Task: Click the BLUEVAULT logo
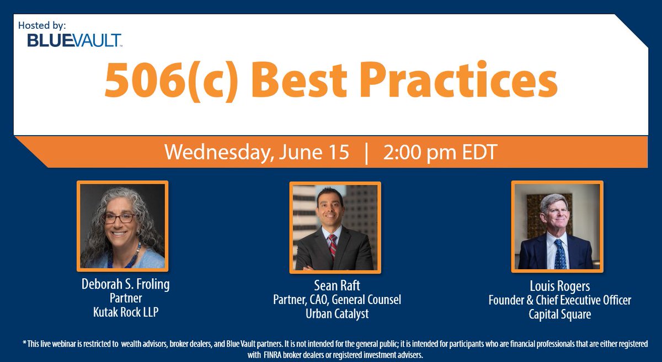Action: click(x=74, y=40)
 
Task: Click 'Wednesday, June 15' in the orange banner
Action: click(x=257, y=152)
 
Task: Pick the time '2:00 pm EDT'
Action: click(x=440, y=152)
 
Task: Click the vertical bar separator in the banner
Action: click(x=366, y=153)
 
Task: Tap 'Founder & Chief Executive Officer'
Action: click(x=559, y=301)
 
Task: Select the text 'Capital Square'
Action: click(x=559, y=314)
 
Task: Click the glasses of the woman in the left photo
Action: click(x=119, y=218)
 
